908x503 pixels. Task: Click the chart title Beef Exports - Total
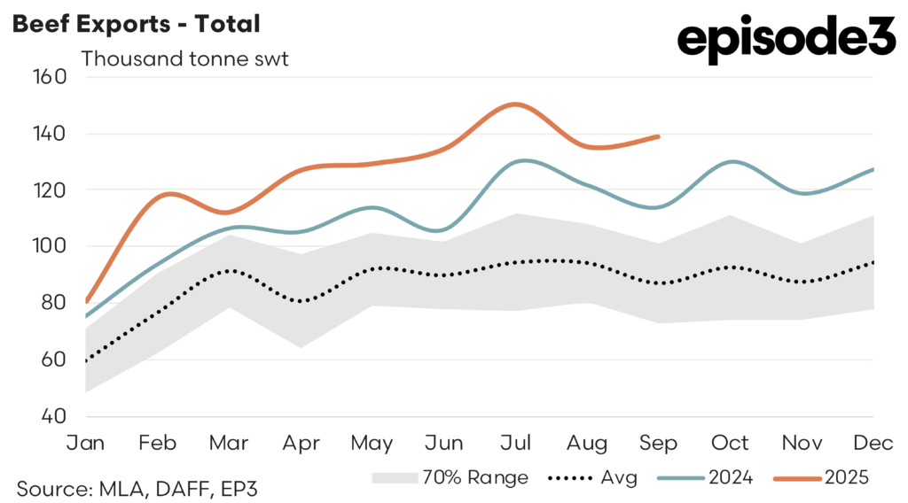click(136, 24)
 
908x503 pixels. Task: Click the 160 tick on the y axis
click(51, 77)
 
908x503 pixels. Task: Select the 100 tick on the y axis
click(51, 246)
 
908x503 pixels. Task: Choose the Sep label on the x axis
click(658, 442)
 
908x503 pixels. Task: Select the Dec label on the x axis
click(873, 442)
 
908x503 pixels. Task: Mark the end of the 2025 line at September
click(658, 136)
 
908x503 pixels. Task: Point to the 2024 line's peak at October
click(731, 161)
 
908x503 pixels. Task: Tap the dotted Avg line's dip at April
click(301, 301)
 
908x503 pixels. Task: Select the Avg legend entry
click(590, 478)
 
